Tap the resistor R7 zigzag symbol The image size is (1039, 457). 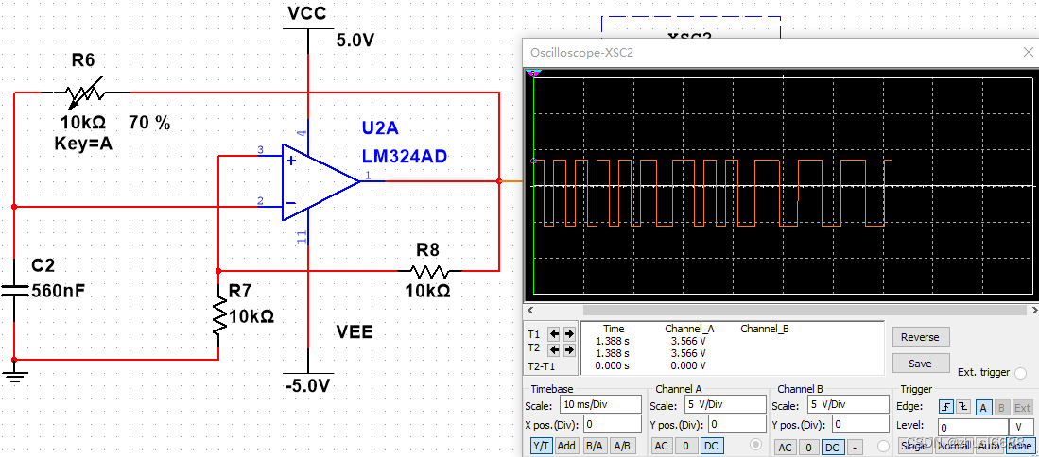point(218,315)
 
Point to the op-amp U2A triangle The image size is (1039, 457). point(317,182)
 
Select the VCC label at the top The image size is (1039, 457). point(307,13)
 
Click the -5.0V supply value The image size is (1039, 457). point(309,386)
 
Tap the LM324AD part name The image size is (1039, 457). point(404,156)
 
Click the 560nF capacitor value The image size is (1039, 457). point(59,291)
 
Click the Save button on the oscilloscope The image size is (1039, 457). point(920,364)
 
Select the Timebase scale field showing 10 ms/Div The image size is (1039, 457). point(598,405)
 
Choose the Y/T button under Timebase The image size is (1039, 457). point(541,446)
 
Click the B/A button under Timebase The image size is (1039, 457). point(595,446)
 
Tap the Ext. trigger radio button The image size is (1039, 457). point(1020,373)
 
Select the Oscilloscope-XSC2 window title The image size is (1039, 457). point(581,52)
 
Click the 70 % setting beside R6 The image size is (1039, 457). point(149,123)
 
